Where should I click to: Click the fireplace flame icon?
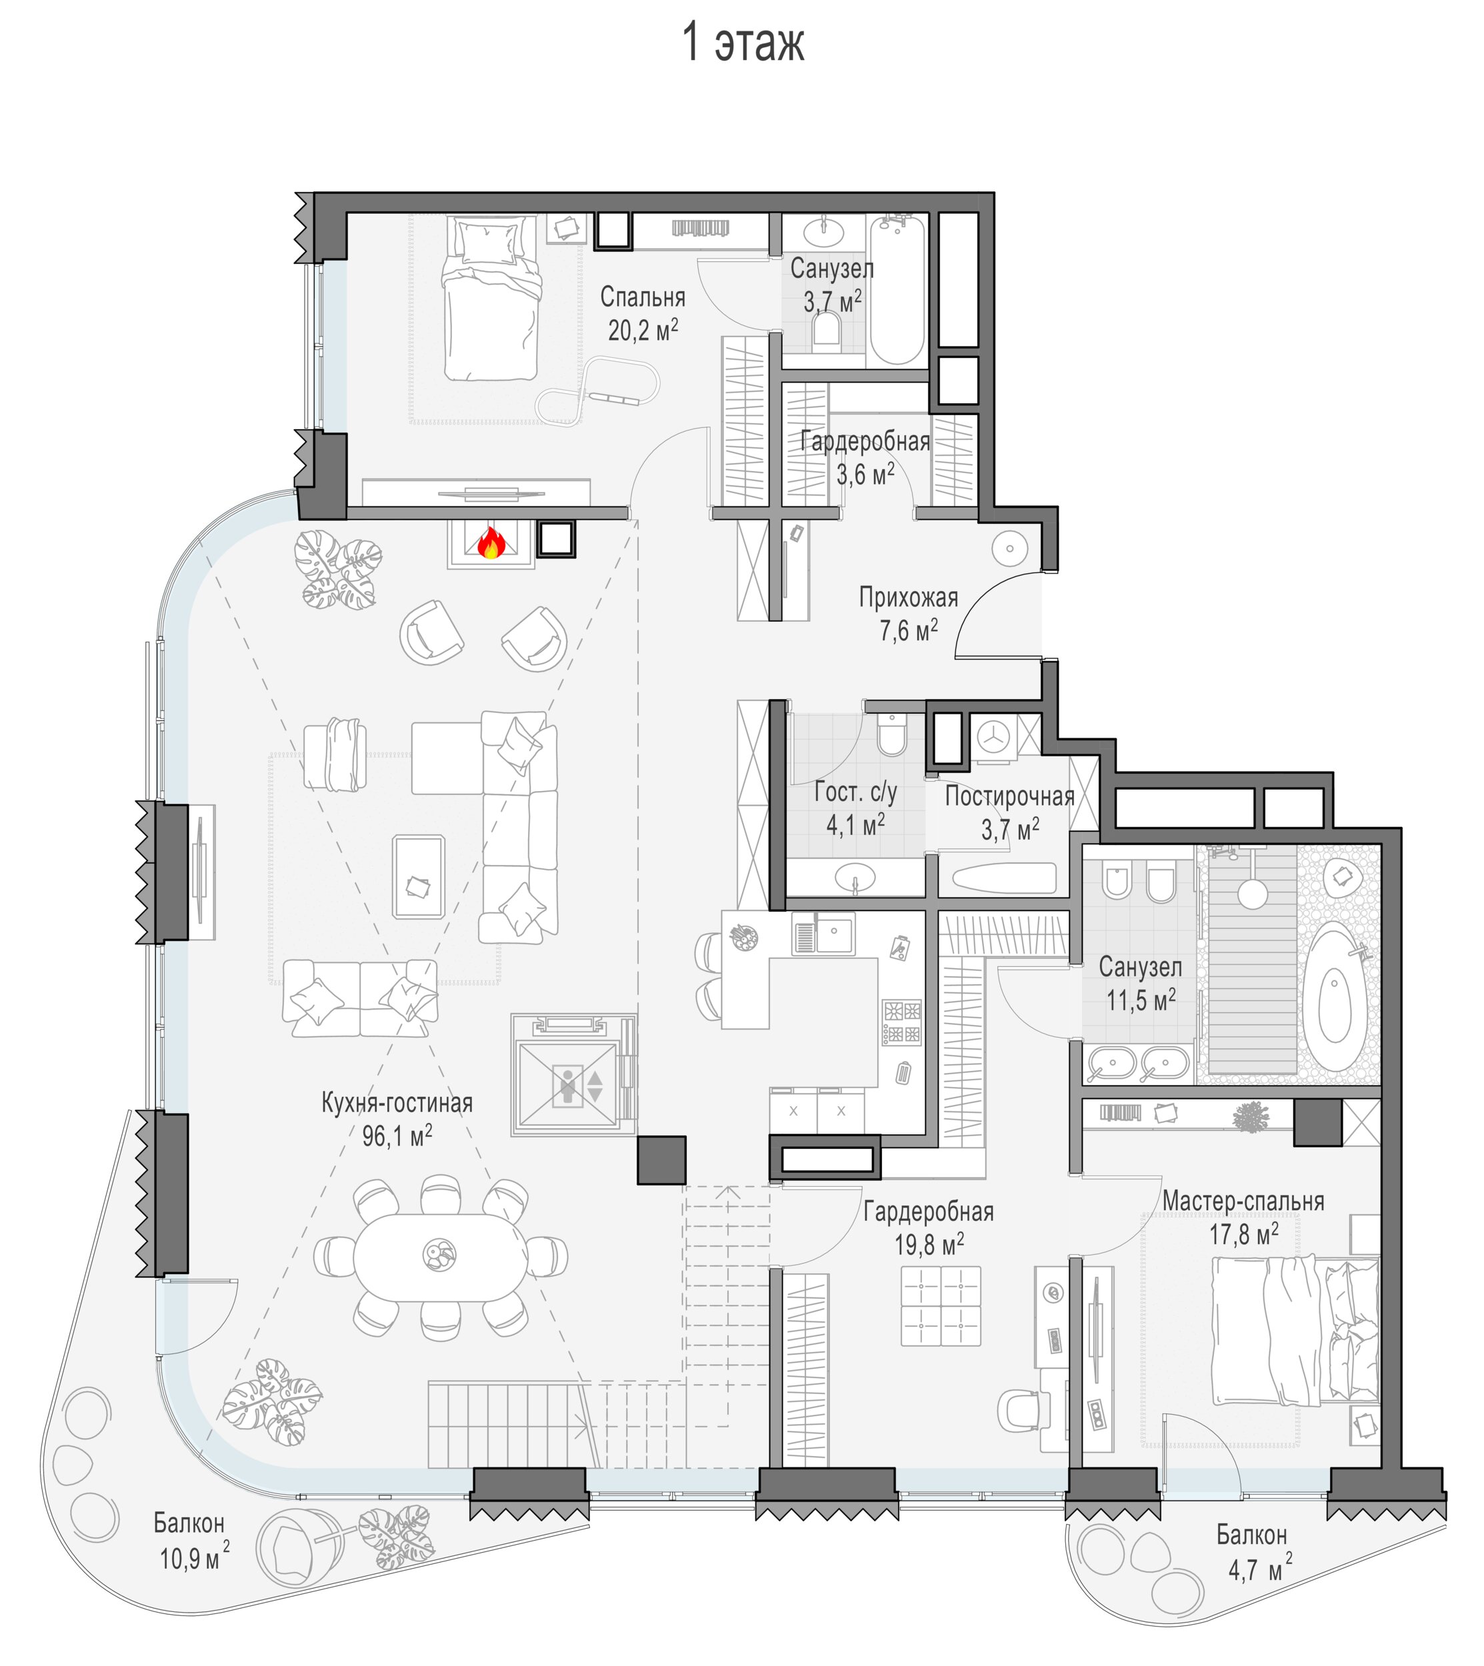click(490, 543)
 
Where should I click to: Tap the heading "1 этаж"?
click(743, 43)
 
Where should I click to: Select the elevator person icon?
click(567, 1086)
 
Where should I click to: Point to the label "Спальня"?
click(643, 297)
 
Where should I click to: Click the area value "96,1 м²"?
click(397, 1136)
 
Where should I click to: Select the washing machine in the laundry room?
click(994, 738)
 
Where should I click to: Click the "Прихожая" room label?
click(909, 598)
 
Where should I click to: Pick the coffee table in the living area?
click(418, 877)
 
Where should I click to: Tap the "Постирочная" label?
click(1009, 796)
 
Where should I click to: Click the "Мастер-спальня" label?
click(1243, 1202)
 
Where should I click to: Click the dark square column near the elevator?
click(661, 1160)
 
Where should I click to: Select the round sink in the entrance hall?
click(1009, 548)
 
